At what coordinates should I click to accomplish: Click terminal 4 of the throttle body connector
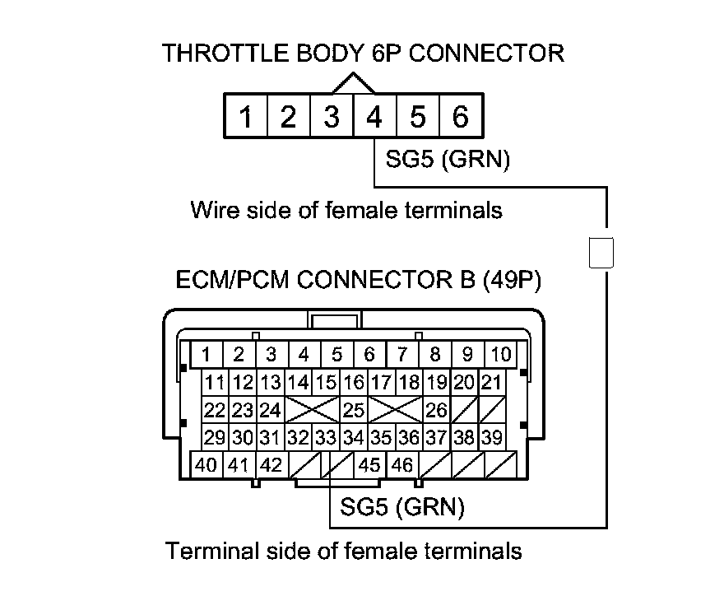coord(374,118)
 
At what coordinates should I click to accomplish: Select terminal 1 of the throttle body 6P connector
coord(245,118)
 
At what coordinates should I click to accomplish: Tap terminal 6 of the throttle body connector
coord(461,118)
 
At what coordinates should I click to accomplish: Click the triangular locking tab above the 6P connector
coord(353,83)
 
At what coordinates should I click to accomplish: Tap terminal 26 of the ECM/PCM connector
coord(436,409)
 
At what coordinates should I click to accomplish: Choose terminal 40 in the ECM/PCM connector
coord(207,464)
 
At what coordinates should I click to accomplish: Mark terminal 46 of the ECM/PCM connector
coord(402,464)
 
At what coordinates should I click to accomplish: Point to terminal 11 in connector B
coord(216,383)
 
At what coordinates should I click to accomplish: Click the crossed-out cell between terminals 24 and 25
coord(312,409)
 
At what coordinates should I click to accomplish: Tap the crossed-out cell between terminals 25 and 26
coord(395,409)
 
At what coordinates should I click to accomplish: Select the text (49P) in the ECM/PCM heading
coord(513,281)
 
